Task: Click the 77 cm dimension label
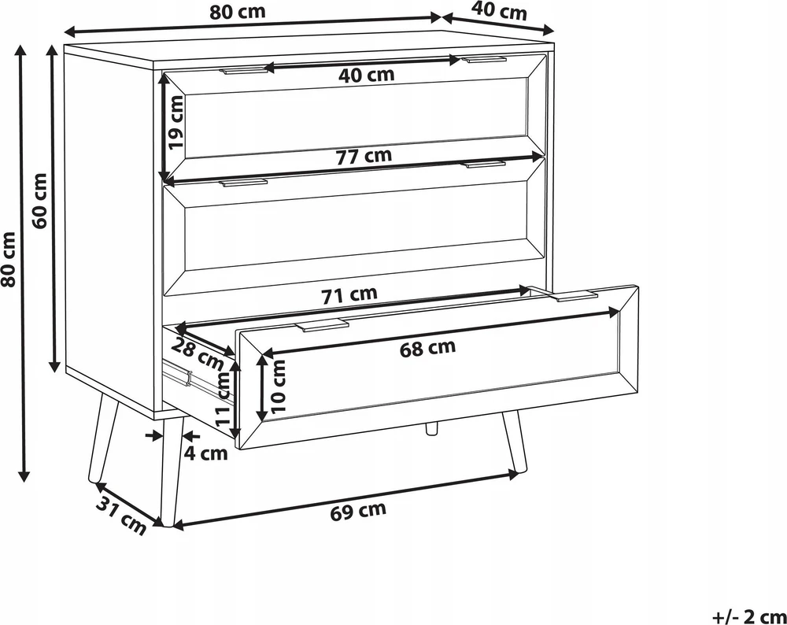coord(364,157)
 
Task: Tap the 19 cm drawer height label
coord(176,122)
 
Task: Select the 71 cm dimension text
coord(349,294)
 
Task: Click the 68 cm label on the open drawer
coord(427,348)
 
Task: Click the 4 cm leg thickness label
coord(205,453)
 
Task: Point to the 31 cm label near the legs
coord(121,515)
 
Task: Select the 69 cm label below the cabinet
coord(358,511)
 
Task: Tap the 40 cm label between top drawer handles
coord(367,76)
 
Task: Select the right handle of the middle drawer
coord(485,165)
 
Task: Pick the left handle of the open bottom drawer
coord(321,325)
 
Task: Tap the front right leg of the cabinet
coord(515,442)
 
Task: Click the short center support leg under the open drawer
coord(431,429)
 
